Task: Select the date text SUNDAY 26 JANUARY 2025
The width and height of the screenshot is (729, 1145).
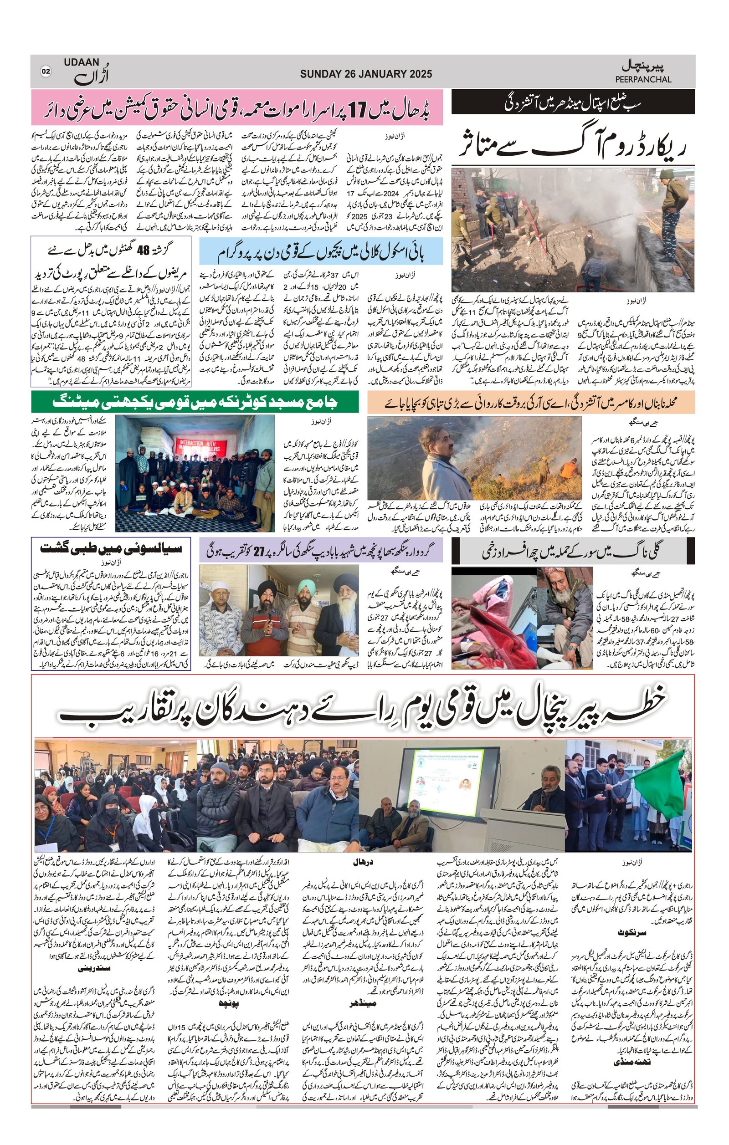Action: pos(366,74)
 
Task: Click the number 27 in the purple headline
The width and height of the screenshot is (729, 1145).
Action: pos(258,550)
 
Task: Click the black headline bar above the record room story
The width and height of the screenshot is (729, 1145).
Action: pos(573,102)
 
